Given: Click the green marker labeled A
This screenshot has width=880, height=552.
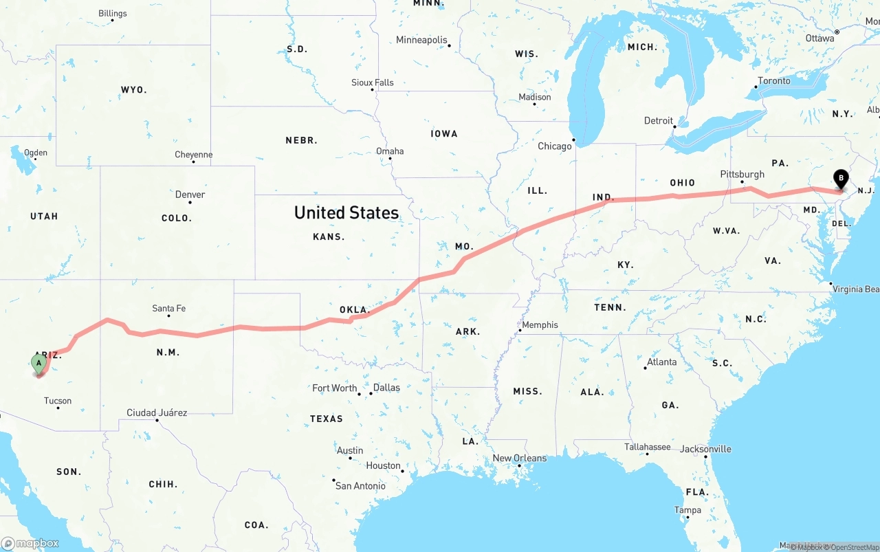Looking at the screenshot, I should (x=39, y=362).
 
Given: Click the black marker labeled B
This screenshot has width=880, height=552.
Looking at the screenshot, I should (x=840, y=179).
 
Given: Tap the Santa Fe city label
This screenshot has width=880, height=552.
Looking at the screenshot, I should (x=168, y=309).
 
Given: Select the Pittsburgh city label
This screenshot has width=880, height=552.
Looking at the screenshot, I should (x=742, y=175).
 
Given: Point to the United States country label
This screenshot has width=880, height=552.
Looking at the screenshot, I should (x=346, y=212).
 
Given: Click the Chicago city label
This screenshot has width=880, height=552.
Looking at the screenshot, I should (x=555, y=146).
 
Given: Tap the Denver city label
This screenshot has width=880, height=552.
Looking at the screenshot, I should (x=190, y=195).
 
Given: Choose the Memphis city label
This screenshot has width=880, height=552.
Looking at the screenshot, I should (x=540, y=325).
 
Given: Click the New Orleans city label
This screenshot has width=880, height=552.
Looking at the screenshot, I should (x=520, y=459).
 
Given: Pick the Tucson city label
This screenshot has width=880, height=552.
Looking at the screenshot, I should (x=58, y=401).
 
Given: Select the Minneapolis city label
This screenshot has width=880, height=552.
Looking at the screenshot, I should (x=421, y=40).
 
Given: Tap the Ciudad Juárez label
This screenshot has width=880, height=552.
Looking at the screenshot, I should (x=157, y=413).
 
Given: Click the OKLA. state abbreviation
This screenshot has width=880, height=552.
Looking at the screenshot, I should (x=355, y=310).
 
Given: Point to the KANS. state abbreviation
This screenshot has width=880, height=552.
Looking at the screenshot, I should (x=329, y=236).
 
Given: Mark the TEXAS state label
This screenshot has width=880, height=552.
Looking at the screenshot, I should (x=326, y=419).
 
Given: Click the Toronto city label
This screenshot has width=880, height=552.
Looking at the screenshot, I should (x=774, y=81).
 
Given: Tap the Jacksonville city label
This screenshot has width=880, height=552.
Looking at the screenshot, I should (x=705, y=450).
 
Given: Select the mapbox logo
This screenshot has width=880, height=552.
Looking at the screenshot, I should (x=30, y=543).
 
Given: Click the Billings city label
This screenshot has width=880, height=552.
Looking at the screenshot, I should (x=113, y=13).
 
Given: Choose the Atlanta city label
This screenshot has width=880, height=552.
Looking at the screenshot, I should (x=661, y=362).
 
